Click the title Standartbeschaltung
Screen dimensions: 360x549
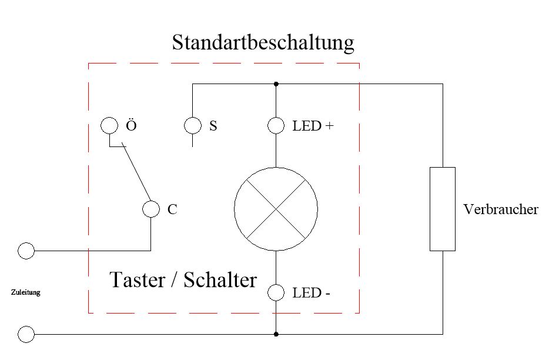pyautogui.click(x=263, y=43)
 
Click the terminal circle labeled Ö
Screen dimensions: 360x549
pyautogui.click(x=109, y=126)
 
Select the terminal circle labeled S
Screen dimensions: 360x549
pyautogui.click(x=192, y=126)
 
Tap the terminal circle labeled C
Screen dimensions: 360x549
pyautogui.click(x=152, y=209)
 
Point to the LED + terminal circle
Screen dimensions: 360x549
pyautogui.click(x=276, y=126)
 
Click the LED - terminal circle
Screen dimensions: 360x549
pyautogui.click(x=276, y=292)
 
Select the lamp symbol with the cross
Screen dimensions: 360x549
pyautogui.click(x=276, y=209)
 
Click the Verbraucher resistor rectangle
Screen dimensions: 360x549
pyautogui.click(x=443, y=209)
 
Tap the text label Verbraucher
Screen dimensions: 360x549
pyautogui.click(x=500, y=209)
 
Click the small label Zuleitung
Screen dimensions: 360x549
pyautogui.click(x=26, y=292)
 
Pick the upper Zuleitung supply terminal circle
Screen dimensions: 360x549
pyautogui.click(x=26, y=251)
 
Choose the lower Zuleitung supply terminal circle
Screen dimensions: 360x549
pyautogui.click(x=26, y=335)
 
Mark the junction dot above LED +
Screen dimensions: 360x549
pyautogui.click(x=276, y=84)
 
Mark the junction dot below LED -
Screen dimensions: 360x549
pyautogui.click(x=276, y=334)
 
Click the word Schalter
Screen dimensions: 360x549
pyautogui.click(x=220, y=280)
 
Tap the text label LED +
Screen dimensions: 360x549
pyautogui.click(x=313, y=126)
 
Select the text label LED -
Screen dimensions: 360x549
pyautogui.click(x=311, y=292)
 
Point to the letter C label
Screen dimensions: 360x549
pyautogui.click(x=172, y=209)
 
